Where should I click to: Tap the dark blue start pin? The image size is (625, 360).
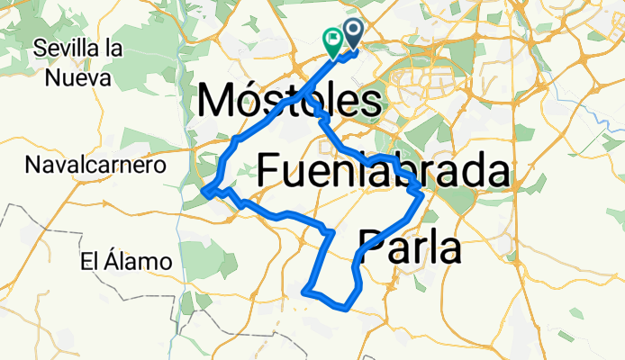tap(352, 34)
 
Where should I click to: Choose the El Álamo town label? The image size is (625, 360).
tap(125, 262)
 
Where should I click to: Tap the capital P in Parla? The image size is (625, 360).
tap(371, 245)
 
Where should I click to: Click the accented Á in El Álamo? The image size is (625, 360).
tap(108, 261)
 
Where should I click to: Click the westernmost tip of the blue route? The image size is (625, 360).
tap(204, 191)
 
